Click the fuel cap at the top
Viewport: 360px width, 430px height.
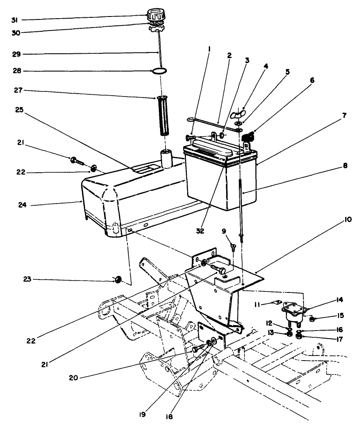coord(155,14)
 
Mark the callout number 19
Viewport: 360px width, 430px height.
coord(143,414)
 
